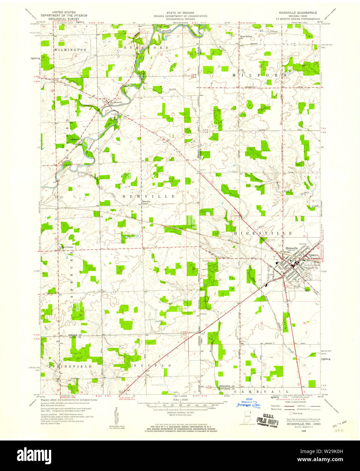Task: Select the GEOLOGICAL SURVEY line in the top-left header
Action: coord(64,19)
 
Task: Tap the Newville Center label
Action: coord(146,202)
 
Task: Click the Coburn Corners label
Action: coord(66,247)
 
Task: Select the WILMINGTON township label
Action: coord(70,50)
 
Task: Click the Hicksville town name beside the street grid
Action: coord(292,248)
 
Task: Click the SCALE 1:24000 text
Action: coord(180,400)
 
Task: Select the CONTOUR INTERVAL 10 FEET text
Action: coord(180,412)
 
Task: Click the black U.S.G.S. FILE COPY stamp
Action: coord(267,422)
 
